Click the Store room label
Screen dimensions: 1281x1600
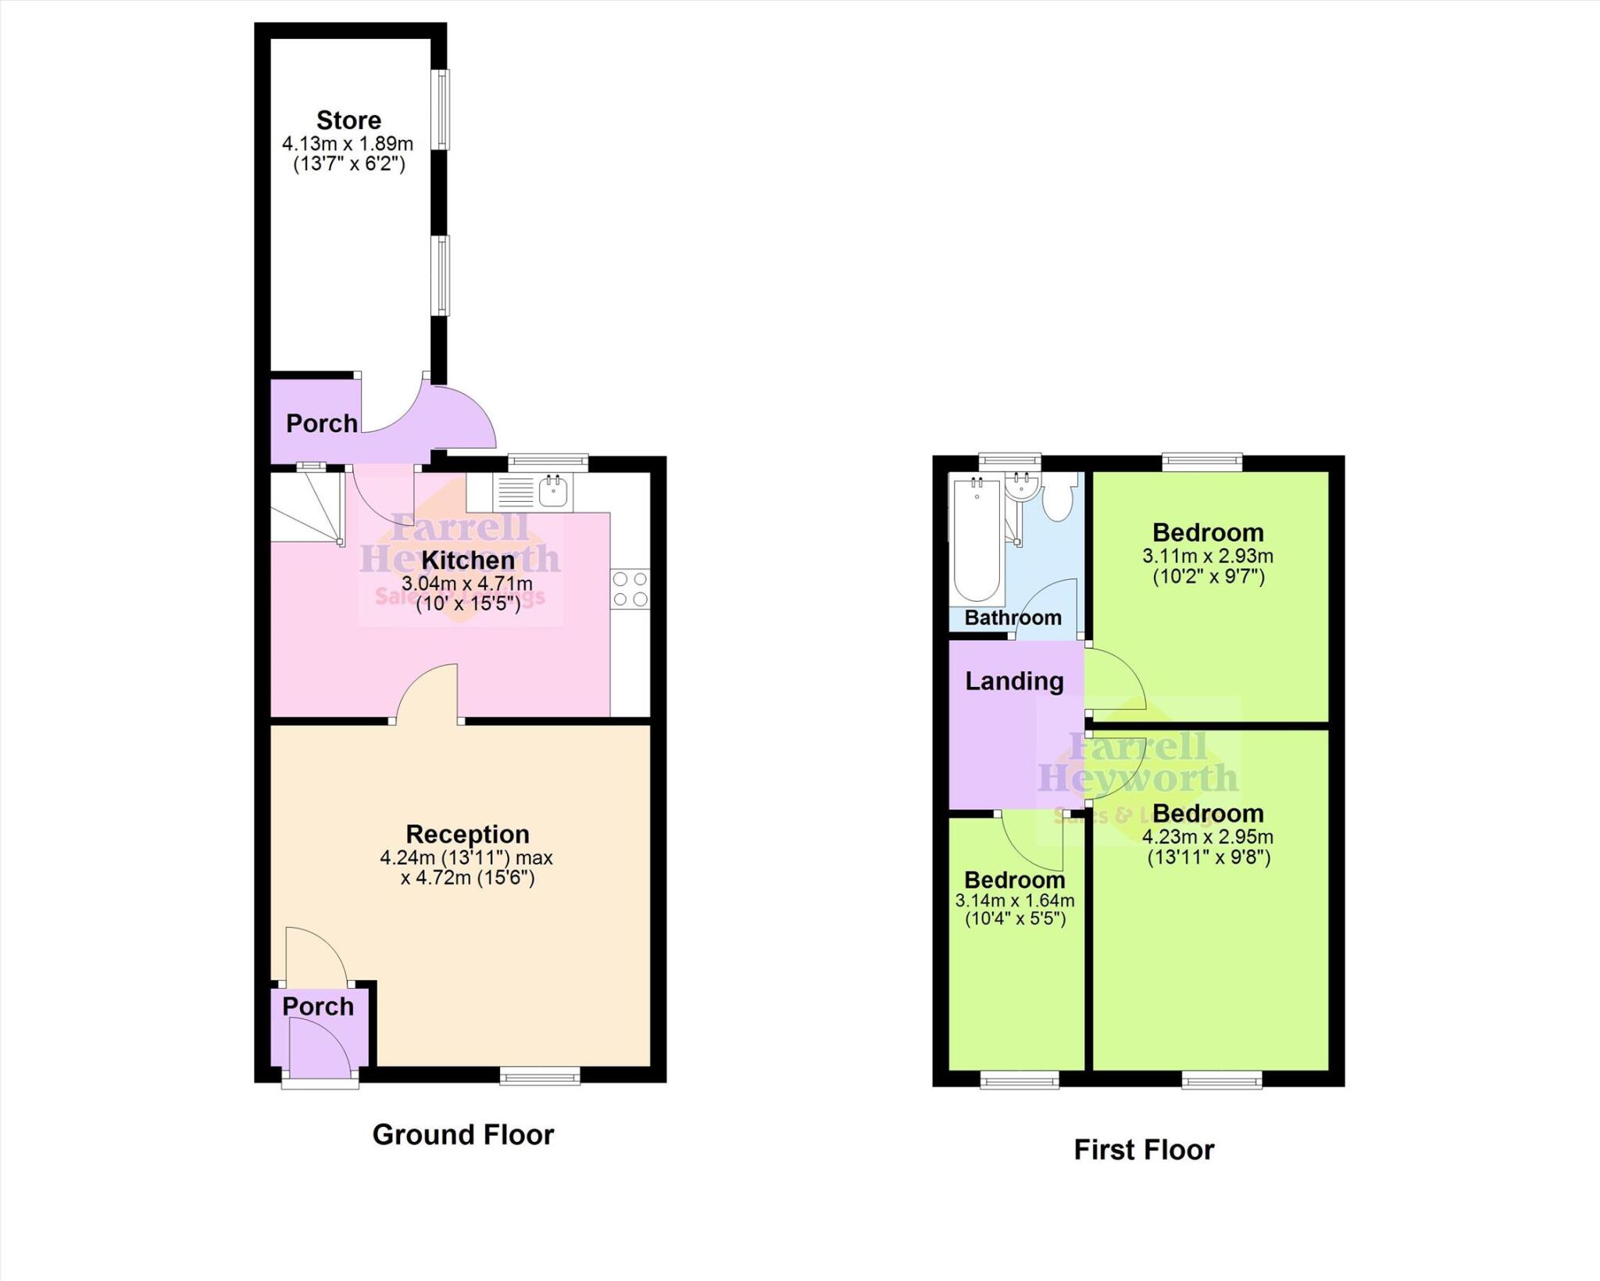(348, 120)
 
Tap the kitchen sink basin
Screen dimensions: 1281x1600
(553, 492)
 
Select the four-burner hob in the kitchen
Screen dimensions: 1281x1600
(630, 589)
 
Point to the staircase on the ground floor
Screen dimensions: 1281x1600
(307, 506)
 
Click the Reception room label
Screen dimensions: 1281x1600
(467, 834)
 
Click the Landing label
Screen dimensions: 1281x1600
(1014, 681)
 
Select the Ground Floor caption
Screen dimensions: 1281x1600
(463, 1134)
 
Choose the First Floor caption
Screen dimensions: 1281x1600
(1144, 1150)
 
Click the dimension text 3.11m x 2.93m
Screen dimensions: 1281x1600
(1208, 556)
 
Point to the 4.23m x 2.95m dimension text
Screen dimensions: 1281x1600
(1208, 837)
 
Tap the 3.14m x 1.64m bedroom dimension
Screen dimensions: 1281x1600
(1015, 900)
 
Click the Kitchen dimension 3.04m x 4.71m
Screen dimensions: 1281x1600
(467, 583)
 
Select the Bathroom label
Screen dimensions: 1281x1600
(1012, 617)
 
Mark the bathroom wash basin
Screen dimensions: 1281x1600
(1020, 486)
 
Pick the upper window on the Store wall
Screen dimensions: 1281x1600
(443, 109)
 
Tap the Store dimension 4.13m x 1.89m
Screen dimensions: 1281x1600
(348, 144)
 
